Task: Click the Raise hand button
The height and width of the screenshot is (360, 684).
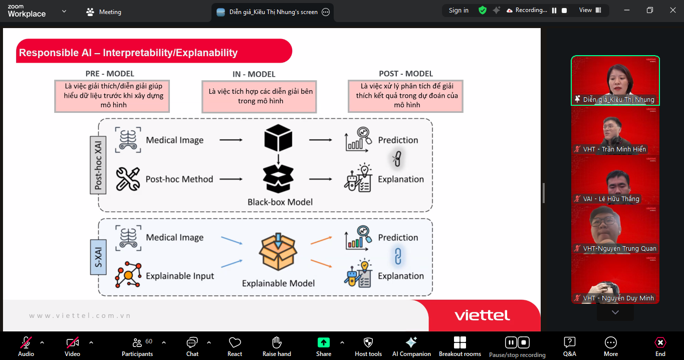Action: click(x=277, y=346)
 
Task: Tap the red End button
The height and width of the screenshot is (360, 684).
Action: click(x=660, y=346)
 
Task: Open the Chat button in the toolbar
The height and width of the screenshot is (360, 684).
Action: click(x=192, y=346)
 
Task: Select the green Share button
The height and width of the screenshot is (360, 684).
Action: click(x=324, y=346)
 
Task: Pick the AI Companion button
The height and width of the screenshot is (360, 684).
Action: click(x=411, y=346)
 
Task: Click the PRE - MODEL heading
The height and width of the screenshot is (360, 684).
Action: click(x=110, y=74)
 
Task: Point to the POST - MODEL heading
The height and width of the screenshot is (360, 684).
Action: click(x=406, y=74)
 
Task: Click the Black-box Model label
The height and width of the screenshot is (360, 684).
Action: click(x=280, y=202)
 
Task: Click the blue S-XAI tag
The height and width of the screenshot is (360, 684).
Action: click(x=98, y=257)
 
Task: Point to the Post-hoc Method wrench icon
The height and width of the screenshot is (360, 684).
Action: click(x=128, y=179)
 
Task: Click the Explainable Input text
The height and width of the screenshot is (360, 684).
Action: click(x=180, y=276)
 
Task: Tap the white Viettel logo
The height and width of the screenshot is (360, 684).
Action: click(x=482, y=315)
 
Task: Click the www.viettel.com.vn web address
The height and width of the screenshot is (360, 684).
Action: click(x=80, y=315)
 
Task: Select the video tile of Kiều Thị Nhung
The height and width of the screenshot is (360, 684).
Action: click(x=615, y=80)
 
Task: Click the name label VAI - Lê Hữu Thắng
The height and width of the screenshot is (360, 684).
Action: click(x=611, y=199)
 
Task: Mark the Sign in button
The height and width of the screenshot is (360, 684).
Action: click(x=459, y=11)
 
